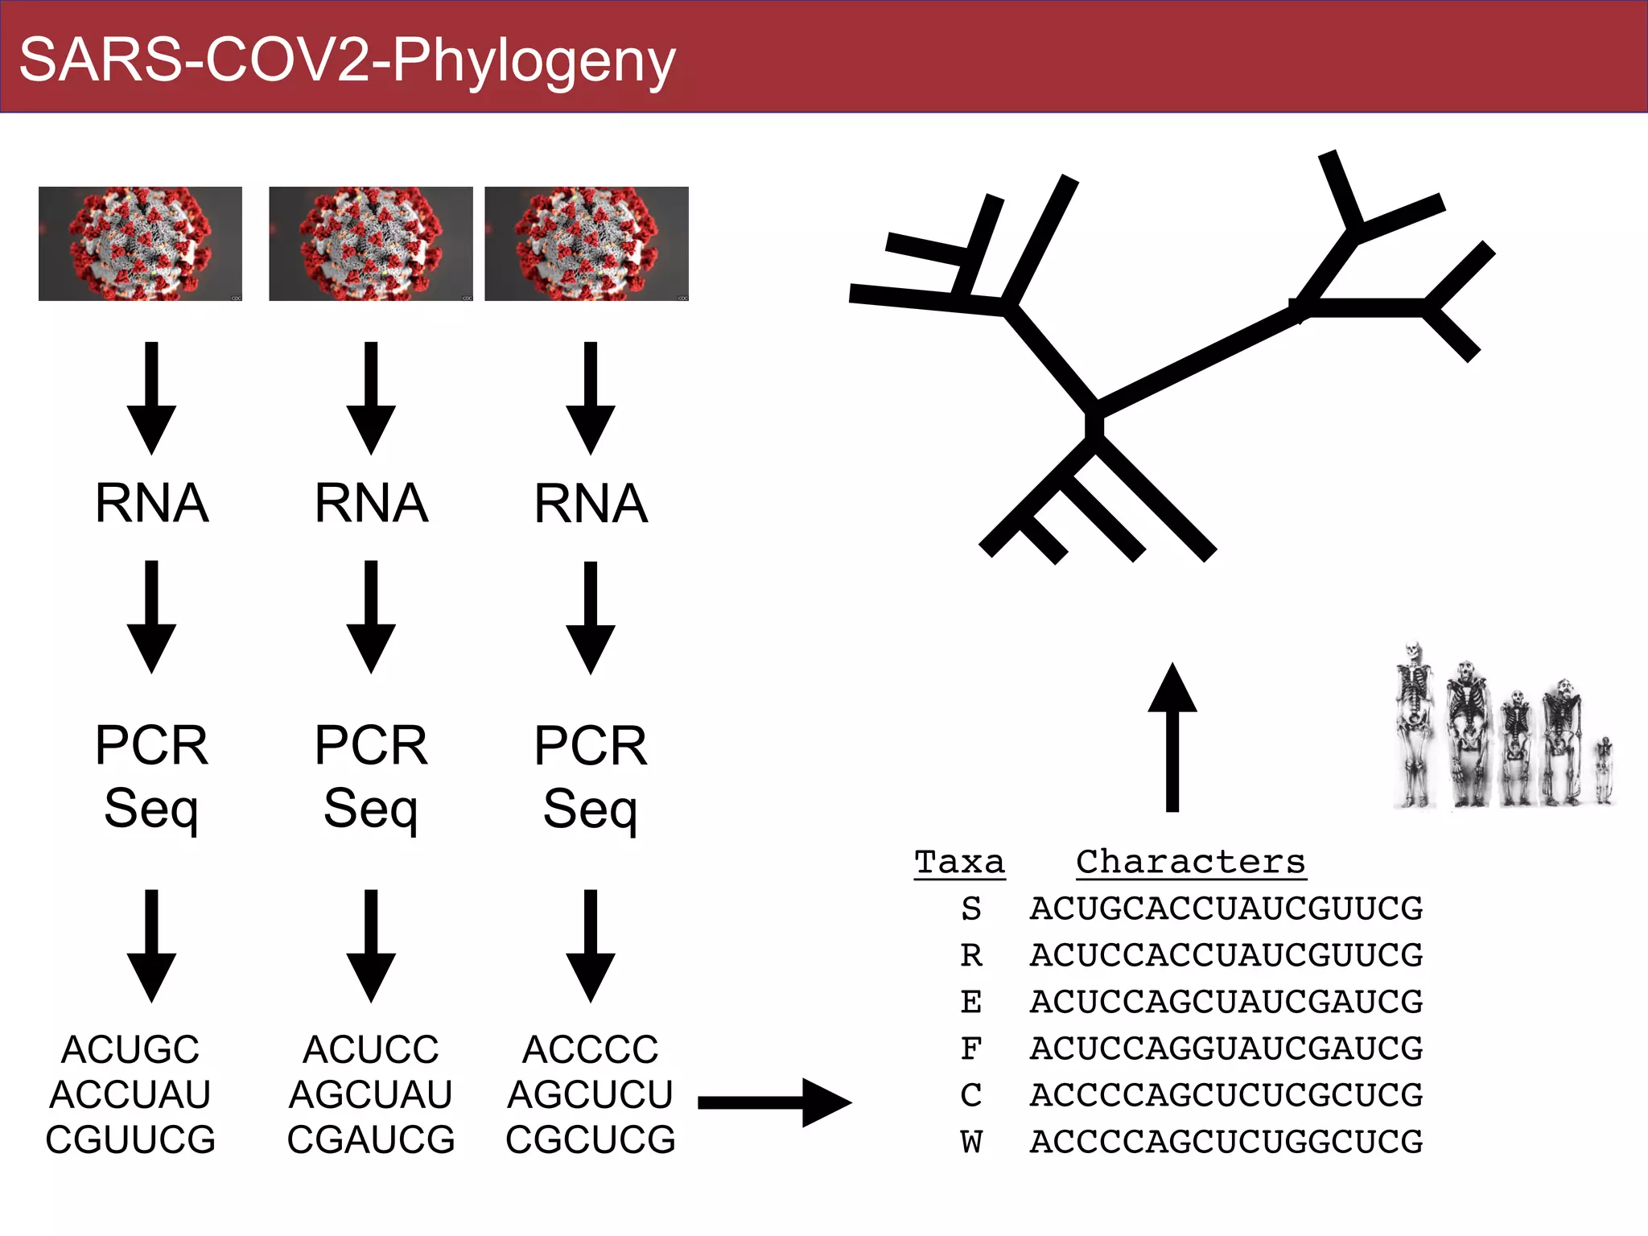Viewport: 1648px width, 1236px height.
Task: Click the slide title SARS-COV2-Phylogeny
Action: [347, 60]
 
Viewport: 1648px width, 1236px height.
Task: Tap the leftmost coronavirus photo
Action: [140, 244]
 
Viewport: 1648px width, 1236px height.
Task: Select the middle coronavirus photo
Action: [370, 244]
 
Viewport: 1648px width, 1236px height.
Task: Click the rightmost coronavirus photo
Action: [586, 244]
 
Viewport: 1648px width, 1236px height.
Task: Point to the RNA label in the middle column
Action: [371, 504]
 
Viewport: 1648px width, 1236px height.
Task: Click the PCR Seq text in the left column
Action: [151, 776]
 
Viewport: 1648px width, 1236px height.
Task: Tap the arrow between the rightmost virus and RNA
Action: [590, 398]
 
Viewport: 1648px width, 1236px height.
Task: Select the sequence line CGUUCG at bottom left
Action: [130, 1139]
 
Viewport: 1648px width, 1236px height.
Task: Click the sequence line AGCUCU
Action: [590, 1094]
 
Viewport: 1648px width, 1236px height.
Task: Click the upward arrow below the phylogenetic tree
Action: [1172, 736]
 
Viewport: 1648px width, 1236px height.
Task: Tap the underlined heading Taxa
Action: [959, 862]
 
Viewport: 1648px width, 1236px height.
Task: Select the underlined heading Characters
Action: [1190, 862]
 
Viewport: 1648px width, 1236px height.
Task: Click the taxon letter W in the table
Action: [971, 1142]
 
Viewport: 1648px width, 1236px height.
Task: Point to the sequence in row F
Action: [1226, 1049]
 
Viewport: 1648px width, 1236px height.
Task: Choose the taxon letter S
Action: [971, 908]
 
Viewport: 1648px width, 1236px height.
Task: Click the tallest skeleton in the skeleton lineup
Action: [1414, 724]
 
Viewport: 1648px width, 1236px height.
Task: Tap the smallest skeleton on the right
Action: [1603, 770]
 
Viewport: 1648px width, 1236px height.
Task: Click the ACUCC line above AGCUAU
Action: [371, 1049]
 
